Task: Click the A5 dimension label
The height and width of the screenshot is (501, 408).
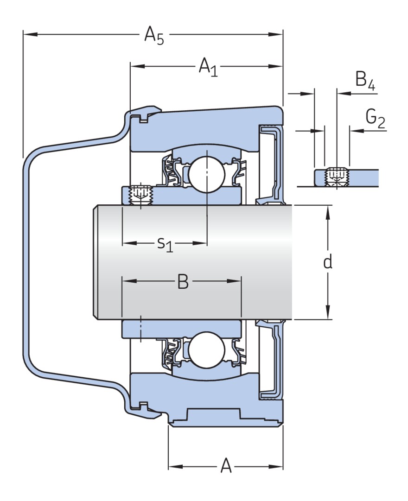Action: [154, 35]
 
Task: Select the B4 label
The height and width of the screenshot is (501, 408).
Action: [365, 80]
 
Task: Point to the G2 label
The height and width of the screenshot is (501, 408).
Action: [375, 119]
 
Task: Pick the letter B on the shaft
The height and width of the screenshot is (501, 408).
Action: [183, 282]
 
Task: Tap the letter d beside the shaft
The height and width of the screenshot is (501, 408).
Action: [328, 262]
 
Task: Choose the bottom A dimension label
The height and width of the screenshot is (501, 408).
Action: [226, 466]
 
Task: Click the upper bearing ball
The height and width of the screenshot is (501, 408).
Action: [206, 171]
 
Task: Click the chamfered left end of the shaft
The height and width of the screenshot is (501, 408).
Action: [95, 262]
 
